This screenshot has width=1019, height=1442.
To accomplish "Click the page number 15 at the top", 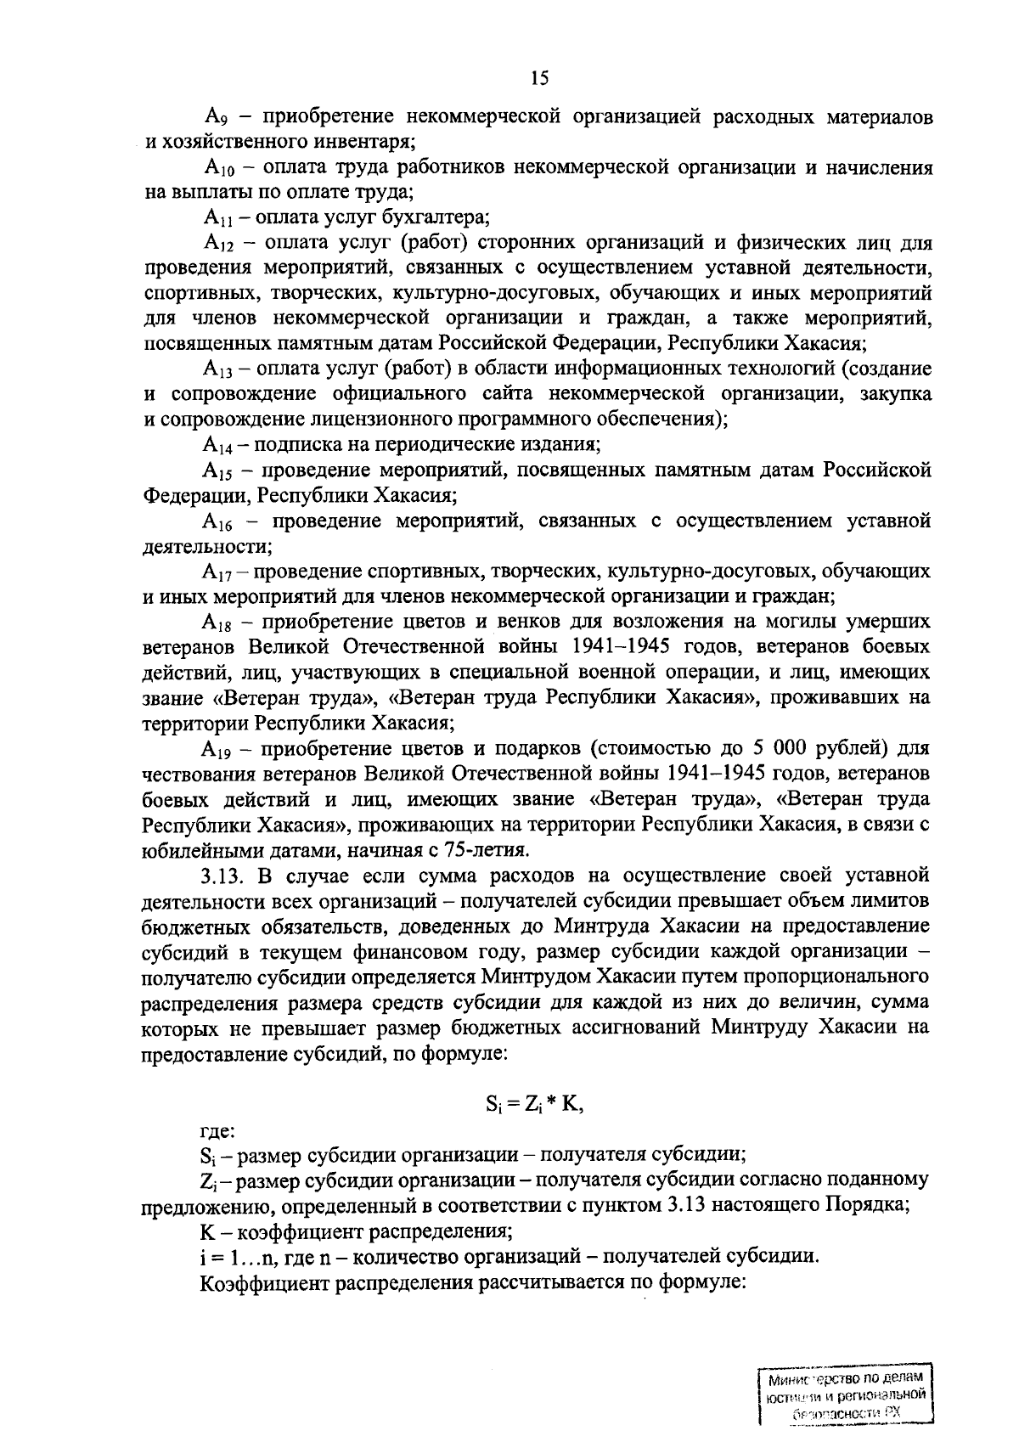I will (x=539, y=79).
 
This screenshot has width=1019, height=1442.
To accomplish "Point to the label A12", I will (x=217, y=244).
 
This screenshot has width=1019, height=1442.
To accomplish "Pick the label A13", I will (x=217, y=369).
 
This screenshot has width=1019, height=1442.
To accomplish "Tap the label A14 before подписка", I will (x=217, y=445).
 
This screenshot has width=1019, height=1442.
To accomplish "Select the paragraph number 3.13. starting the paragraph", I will (x=224, y=875).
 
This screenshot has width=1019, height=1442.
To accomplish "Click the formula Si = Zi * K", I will (x=535, y=1104).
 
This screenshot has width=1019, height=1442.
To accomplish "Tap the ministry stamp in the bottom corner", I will (x=842, y=1394).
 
